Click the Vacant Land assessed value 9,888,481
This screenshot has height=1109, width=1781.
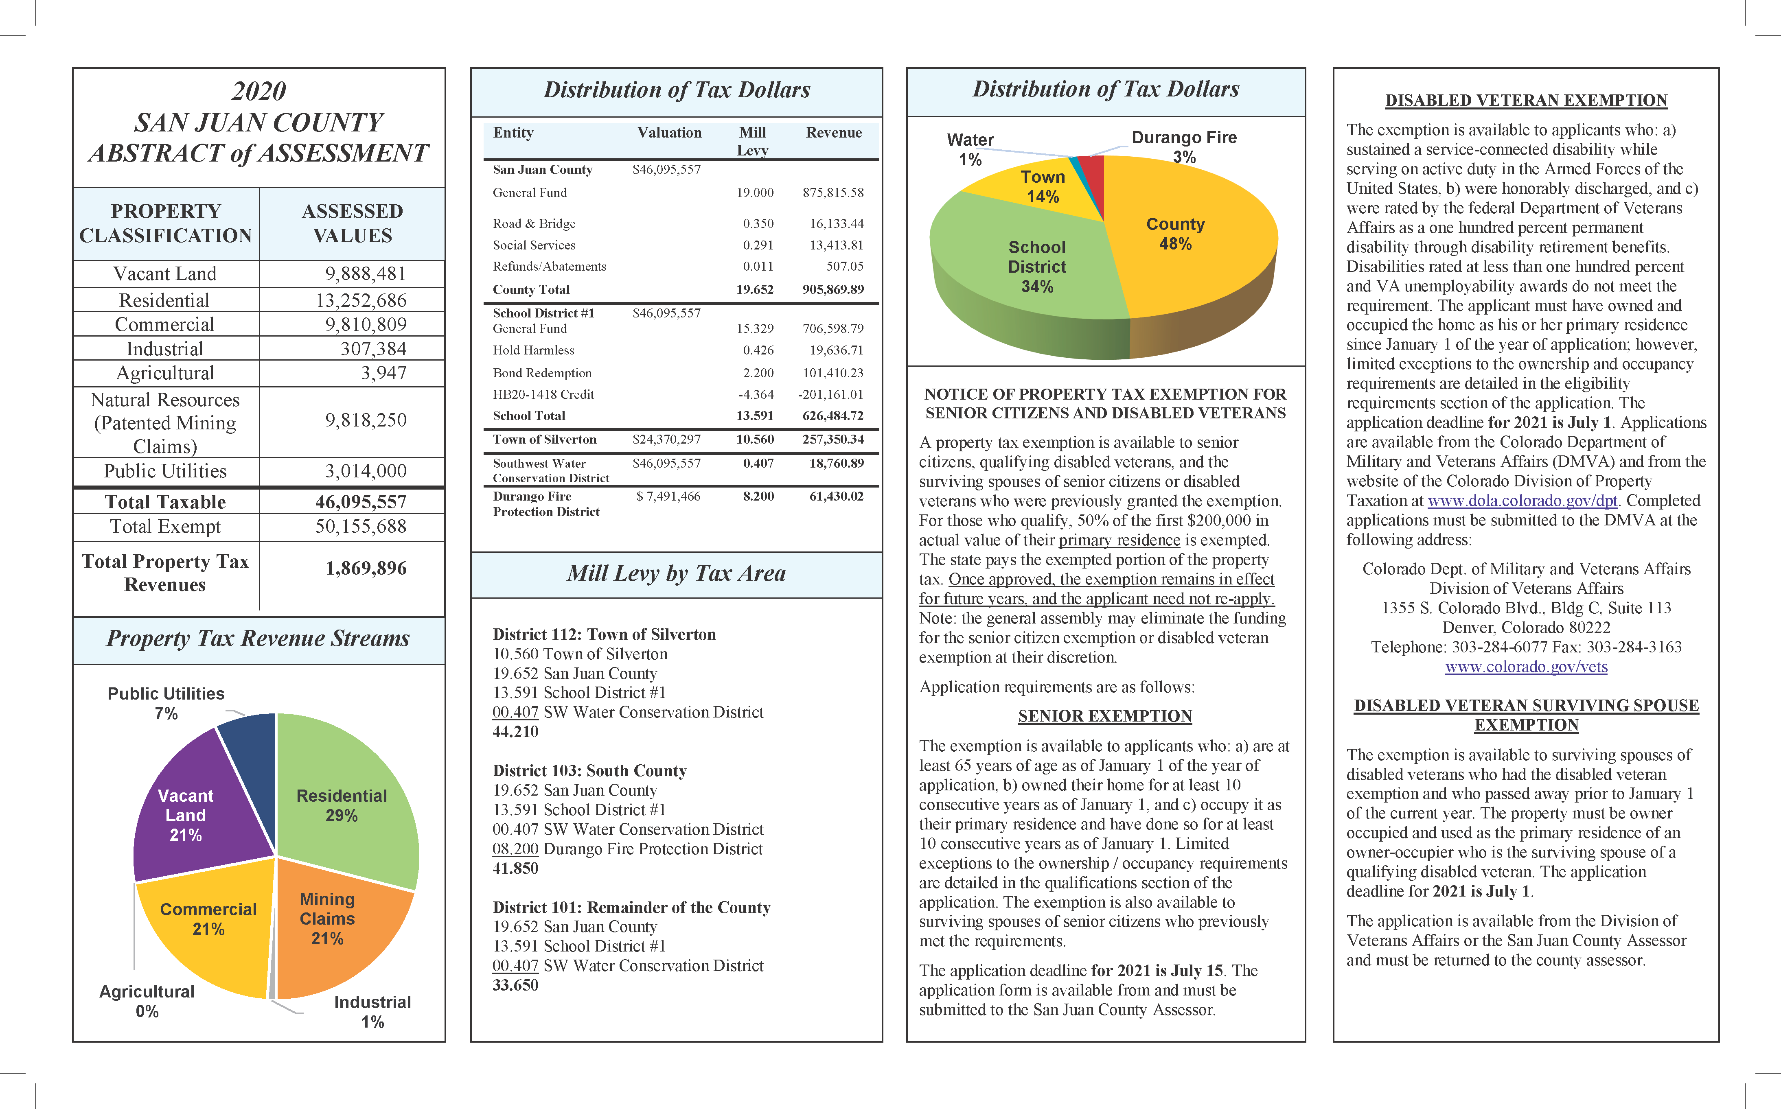[x=365, y=273]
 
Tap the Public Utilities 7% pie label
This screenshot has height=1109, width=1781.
[x=166, y=703]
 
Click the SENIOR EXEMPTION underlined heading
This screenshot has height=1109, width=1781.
[x=1105, y=717]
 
